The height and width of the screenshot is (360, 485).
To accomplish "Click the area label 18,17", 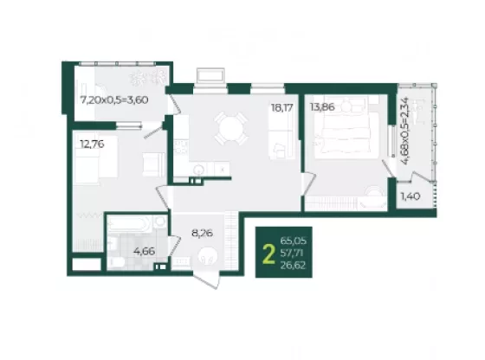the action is [x=281, y=108].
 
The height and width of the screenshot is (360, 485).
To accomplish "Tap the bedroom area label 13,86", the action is [x=322, y=107].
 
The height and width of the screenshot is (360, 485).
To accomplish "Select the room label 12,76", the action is [x=92, y=144].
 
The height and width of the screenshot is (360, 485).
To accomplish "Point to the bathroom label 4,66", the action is [x=144, y=251].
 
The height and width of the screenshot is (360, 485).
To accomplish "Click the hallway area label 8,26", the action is [x=202, y=233].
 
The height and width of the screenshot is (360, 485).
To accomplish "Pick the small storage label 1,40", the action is [x=411, y=196].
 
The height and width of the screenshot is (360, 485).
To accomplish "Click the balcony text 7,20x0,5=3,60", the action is [x=114, y=100].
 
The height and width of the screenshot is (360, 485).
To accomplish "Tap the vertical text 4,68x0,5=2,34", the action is [x=404, y=131].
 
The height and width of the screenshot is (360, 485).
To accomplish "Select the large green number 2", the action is [x=268, y=254].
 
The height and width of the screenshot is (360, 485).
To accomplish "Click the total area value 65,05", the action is [x=294, y=241].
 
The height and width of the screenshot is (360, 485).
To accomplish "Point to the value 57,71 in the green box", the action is [x=292, y=253].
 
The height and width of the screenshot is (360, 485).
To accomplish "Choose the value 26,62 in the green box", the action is [x=293, y=265].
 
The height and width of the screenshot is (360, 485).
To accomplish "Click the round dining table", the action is [x=231, y=128].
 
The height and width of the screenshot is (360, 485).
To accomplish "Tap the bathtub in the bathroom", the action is [x=130, y=224].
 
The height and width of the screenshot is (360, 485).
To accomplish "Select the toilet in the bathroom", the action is [x=116, y=262].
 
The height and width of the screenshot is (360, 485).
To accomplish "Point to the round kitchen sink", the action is [x=198, y=170].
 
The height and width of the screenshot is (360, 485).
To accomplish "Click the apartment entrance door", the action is [x=207, y=279].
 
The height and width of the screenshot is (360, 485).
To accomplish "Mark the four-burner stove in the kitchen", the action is [x=181, y=147].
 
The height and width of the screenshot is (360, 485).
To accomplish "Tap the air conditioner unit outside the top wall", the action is [x=210, y=75].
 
